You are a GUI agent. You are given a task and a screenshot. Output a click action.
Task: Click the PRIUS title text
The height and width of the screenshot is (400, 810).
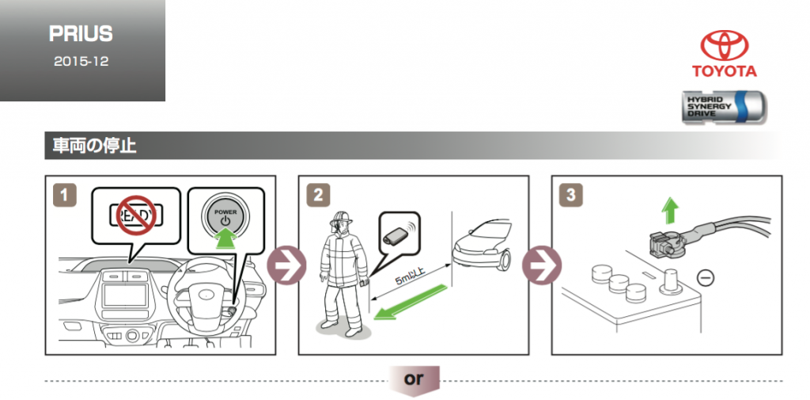click(81, 34)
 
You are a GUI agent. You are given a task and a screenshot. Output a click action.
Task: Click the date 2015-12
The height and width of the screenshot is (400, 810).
click(81, 61)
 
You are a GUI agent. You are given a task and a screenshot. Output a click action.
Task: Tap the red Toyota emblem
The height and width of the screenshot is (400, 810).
click(724, 46)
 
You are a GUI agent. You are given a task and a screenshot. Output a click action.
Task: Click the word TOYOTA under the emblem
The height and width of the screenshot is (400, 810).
click(724, 71)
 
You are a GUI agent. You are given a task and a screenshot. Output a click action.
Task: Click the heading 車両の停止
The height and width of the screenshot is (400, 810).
click(94, 147)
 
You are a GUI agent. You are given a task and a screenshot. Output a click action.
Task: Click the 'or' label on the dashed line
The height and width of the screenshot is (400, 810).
click(413, 379)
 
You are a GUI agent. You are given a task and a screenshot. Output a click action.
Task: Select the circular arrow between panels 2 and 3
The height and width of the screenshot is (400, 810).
click(540, 265)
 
